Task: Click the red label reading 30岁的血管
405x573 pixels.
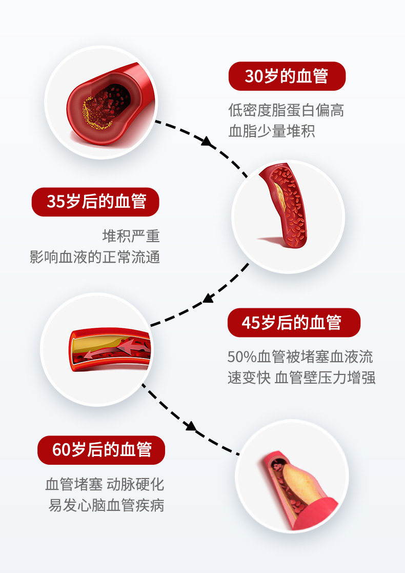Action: [x=287, y=76]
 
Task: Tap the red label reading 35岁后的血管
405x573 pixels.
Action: [x=96, y=202]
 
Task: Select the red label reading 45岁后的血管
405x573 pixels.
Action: [x=294, y=323]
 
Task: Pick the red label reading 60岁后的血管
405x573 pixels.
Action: [x=102, y=450]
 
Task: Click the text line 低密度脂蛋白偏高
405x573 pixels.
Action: [x=286, y=110]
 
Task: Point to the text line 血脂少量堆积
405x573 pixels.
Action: [x=272, y=131]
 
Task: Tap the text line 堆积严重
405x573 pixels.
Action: [x=131, y=236]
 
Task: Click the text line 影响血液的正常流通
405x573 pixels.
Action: [x=95, y=256]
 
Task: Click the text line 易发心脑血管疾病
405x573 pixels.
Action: [x=106, y=505]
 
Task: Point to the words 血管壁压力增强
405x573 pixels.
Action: [x=325, y=378]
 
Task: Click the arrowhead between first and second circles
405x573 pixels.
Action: [x=208, y=142]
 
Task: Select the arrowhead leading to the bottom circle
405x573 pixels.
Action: [x=190, y=425]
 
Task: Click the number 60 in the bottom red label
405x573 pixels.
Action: [x=60, y=450]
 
